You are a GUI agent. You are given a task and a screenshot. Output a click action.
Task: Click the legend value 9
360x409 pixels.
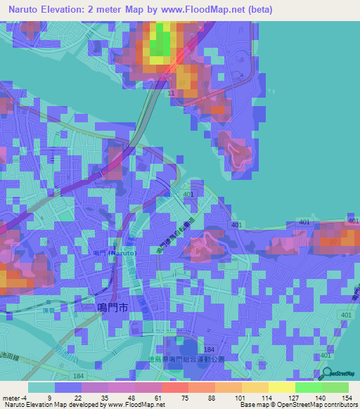click(x=49, y=398)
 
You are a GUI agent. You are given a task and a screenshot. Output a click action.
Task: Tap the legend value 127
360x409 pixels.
click(x=293, y=398)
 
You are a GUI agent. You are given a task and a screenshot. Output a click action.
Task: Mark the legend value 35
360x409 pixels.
click(x=103, y=398)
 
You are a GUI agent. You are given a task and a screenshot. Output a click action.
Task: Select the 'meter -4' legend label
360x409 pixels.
click(x=13, y=398)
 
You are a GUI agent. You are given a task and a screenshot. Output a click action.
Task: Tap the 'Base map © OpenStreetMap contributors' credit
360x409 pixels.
click(x=299, y=405)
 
